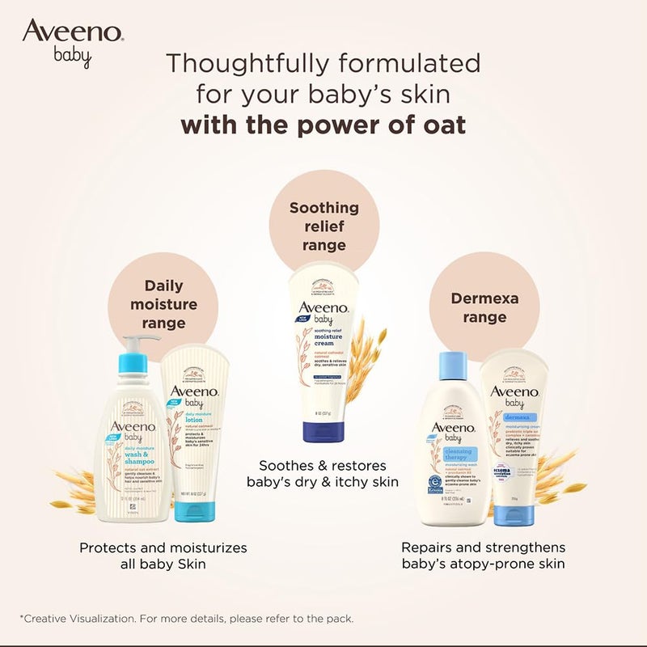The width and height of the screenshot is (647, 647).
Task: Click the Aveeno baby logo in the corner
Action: tap(72, 43)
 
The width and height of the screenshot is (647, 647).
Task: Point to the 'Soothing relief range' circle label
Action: tap(323, 226)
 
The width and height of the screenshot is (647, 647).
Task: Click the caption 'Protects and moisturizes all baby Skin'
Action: tap(163, 556)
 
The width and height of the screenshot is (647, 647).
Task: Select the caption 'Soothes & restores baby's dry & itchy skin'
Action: tap(323, 474)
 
